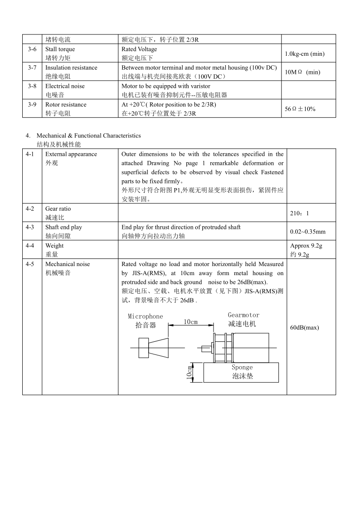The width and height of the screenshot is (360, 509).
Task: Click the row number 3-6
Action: click(x=32, y=49)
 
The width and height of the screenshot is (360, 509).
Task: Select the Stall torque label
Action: click(x=60, y=49)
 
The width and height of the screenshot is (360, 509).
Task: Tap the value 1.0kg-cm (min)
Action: click(x=304, y=54)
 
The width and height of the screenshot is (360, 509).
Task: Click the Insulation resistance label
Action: click(x=71, y=68)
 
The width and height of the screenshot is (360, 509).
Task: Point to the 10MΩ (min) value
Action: click(x=302, y=72)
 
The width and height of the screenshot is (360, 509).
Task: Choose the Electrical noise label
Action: click(x=65, y=86)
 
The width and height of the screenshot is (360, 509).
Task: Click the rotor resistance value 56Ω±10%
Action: click(x=300, y=109)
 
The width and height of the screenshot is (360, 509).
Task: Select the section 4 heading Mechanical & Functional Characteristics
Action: click(x=88, y=136)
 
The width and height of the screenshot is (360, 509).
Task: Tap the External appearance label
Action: click(x=71, y=154)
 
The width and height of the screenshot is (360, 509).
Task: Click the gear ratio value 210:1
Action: click(x=300, y=213)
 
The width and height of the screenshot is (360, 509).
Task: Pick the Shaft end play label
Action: click(x=63, y=228)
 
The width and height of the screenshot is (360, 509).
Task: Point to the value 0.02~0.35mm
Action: click(x=307, y=232)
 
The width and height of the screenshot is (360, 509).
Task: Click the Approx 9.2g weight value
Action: click(x=306, y=246)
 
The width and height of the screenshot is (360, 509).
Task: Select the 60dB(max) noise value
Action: click(x=304, y=328)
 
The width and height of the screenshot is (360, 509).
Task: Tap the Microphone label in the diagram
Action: click(x=145, y=316)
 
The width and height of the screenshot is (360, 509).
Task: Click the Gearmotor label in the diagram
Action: click(x=243, y=315)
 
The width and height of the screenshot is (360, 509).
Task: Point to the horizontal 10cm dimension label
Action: click(x=190, y=322)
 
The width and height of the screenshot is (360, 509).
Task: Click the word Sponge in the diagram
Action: click(x=242, y=368)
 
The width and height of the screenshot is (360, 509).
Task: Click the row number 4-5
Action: click(x=32, y=264)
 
